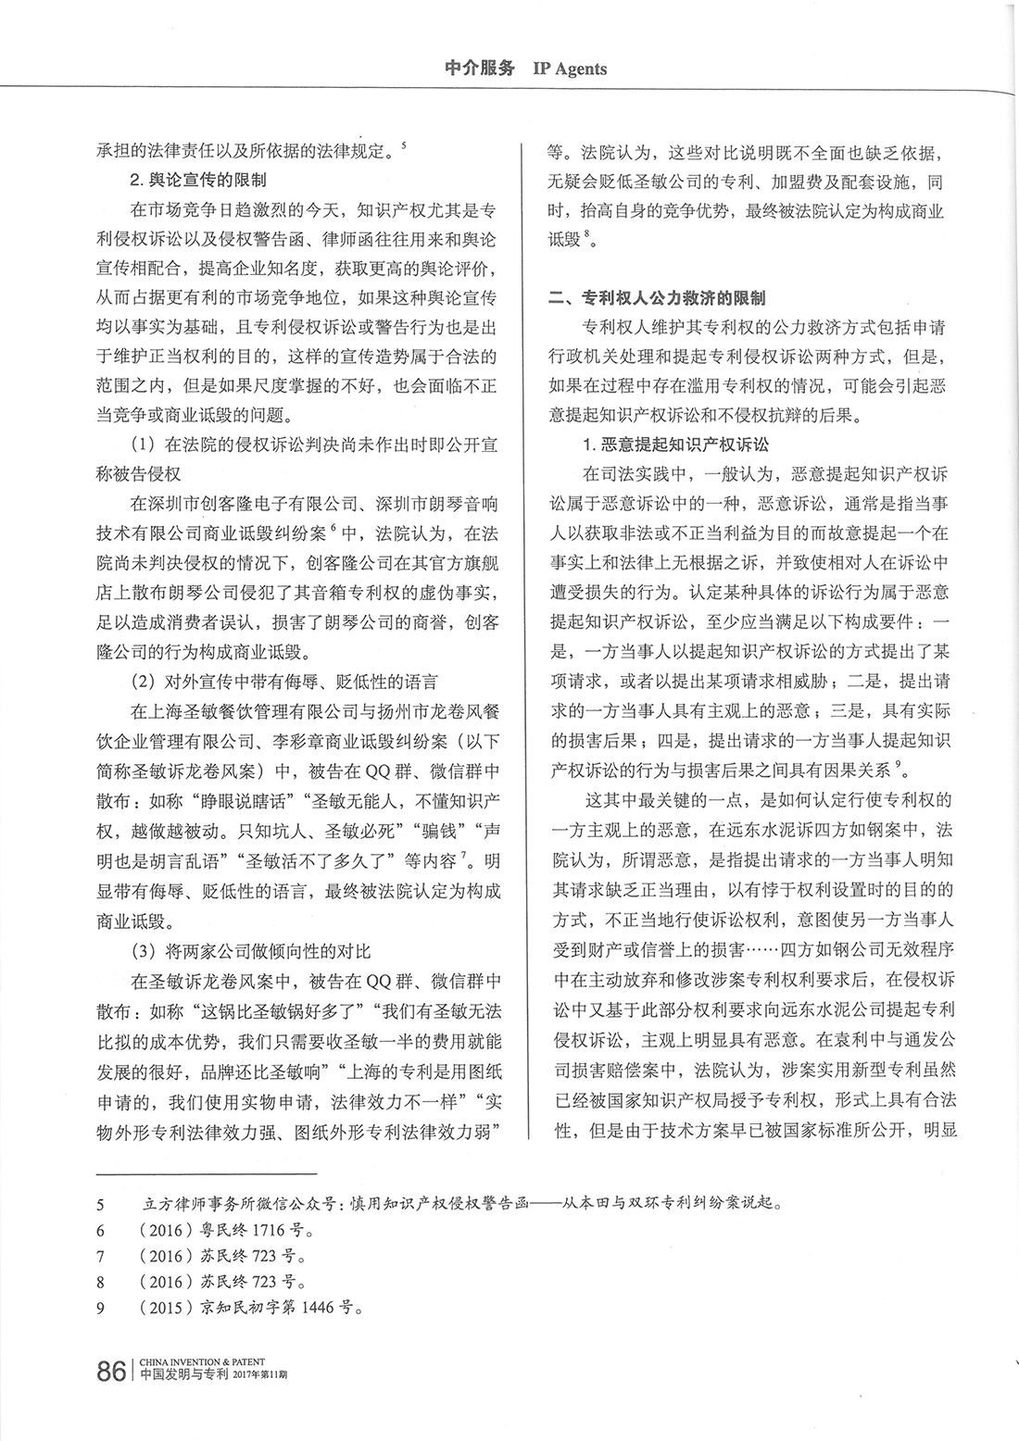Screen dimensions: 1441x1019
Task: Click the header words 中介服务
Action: coord(479,69)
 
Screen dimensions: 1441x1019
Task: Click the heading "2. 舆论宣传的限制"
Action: coord(198,178)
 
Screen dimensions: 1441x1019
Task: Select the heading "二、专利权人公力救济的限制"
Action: coord(657,298)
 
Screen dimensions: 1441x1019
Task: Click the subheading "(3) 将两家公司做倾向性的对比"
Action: coord(251,951)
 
